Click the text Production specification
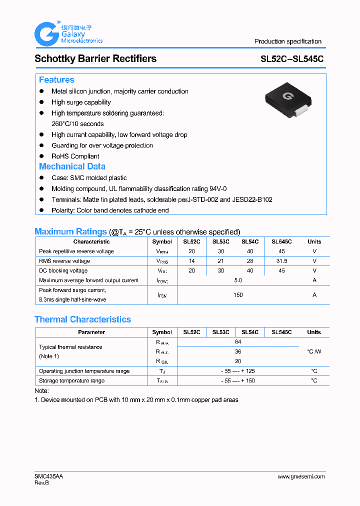tap(287, 41)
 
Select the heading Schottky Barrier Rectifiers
tap(95, 58)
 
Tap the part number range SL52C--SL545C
tap(292, 59)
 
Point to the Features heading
tap(56, 80)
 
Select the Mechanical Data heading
tap(72, 166)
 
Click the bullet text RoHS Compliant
tap(75, 156)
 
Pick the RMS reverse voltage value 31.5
tap(281, 261)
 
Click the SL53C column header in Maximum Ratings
tap(220, 241)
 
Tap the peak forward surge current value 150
tap(238, 295)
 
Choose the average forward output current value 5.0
tap(238, 280)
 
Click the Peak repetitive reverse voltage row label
tap(76, 251)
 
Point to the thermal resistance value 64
tap(238, 342)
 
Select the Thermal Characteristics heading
tap(82, 319)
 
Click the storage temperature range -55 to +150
tap(238, 381)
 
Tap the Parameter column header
tap(91, 332)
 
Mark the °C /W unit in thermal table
tap(314, 351)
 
